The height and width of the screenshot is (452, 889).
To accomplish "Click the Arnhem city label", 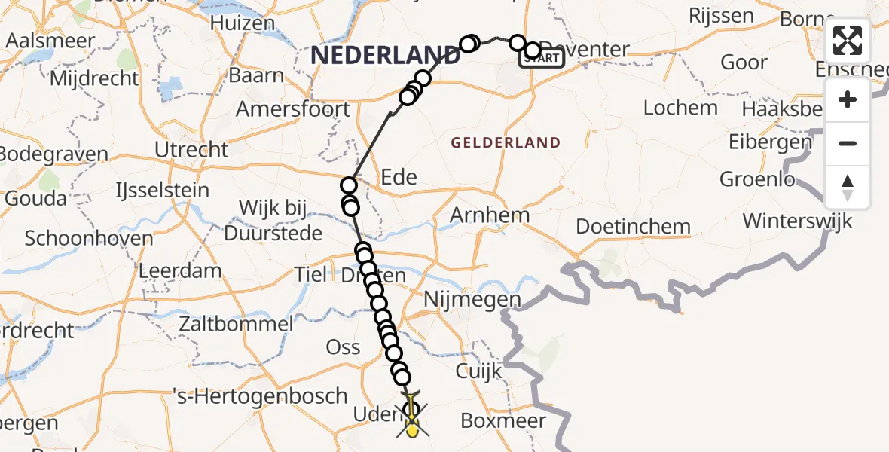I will [x=490, y=215].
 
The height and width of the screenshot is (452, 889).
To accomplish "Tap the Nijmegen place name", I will [x=472, y=300].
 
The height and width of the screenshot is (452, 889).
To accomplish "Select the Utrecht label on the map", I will [x=191, y=149].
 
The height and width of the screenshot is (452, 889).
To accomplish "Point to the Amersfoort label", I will [x=293, y=109].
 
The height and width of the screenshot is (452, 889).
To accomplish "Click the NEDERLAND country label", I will [x=385, y=54].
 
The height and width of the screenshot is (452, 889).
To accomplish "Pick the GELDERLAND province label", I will [x=506, y=142].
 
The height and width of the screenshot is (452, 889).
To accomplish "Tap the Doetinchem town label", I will [x=633, y=226].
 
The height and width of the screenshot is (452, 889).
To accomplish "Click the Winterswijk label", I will [x=797, y=221].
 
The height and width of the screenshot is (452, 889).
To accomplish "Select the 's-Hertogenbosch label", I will [x=260, y=395].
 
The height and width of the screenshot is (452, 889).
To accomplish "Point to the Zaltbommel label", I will [x=236, y=325].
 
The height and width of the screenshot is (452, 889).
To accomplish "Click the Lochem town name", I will [x=680, y=107].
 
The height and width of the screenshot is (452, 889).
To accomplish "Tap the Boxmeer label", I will [x=503, y=420].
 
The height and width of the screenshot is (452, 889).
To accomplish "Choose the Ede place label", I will [x=399, y=177].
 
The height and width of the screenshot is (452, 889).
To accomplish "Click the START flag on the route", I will [x=542, y=58].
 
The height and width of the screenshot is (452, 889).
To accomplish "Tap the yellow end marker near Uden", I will [x=412, y=430].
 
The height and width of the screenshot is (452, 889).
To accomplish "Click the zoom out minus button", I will [x=848, y=143].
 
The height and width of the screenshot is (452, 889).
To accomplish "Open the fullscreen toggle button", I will [x=848, y=41].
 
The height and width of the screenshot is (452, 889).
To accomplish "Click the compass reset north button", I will [x=848, y=187].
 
